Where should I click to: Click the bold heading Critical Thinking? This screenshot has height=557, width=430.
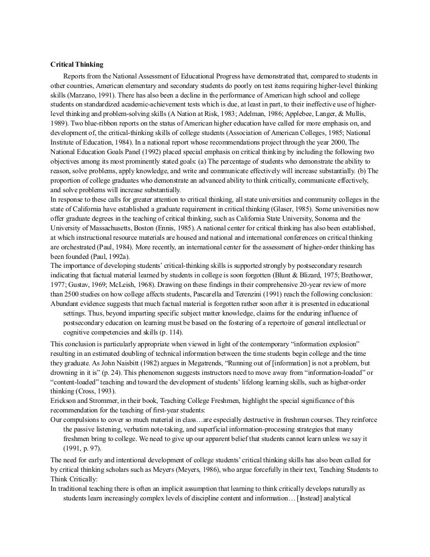pos(73,64)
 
